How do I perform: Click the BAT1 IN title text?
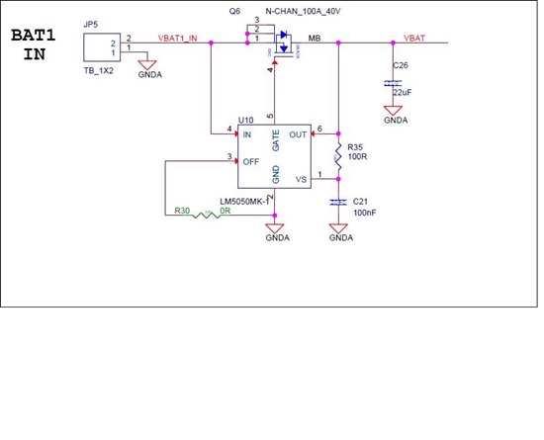coord(35,44)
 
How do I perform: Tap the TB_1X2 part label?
coord(99,73)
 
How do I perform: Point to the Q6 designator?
coord(233,11)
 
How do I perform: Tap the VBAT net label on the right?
coord(415,38)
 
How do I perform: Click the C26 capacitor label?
coord(400,64)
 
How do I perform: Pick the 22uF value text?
coord(402,91)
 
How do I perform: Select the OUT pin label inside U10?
coord(298,132)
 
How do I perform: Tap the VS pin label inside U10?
coord(302,179)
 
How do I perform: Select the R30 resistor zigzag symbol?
coord(208,213)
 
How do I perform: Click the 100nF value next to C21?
coord(364,213)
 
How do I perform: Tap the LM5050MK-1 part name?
coord(243,201)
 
